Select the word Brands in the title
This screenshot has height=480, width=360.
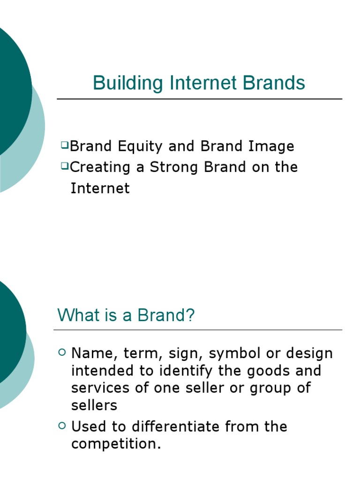(274, 83)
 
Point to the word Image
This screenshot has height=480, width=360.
(272, 147)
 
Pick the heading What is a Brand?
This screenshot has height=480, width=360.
(126, 315)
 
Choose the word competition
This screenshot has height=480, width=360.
(115, 444)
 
